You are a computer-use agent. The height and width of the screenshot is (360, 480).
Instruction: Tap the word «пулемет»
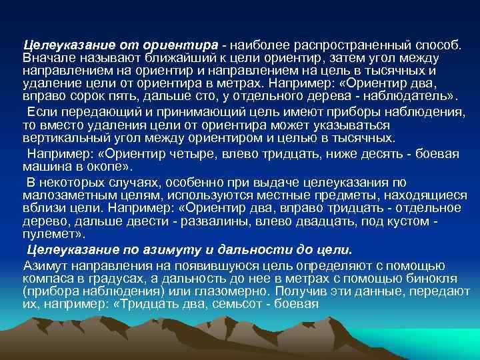tap(53, 235)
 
